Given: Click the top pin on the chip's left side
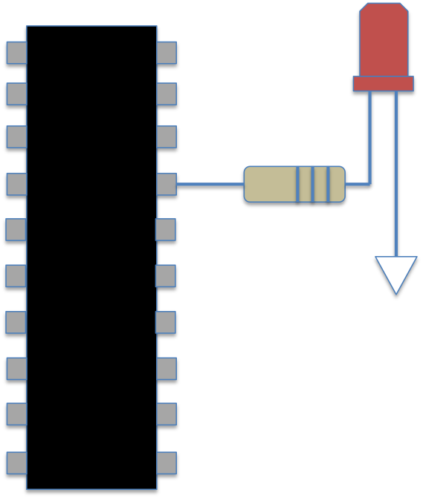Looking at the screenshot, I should (x=16, y=53).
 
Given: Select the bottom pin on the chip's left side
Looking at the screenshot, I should (x=16, y=463).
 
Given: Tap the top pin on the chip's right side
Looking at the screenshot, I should (x=167, y=53).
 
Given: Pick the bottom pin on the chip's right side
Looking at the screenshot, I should (x=167, y=463).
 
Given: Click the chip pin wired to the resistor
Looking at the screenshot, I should (x=167, y=184).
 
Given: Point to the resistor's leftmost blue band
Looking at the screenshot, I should (x=298, y=184).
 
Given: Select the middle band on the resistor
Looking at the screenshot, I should (x=313, y=184).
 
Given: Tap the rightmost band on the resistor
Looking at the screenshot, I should (x=328, y=184).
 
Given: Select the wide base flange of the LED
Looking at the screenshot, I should (x=384, y=83).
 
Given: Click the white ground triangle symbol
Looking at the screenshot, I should (x=396, y=271).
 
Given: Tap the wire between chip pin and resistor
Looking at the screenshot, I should (x=210, y=184).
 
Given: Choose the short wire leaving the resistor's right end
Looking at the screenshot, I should (x=357, y=184).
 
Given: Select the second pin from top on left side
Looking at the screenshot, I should (x=16, y=94).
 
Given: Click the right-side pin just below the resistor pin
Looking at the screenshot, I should (x=166, y=229).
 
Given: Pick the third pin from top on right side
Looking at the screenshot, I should (x=167, y=137).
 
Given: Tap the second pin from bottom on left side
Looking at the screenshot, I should (x=16, y=414).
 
